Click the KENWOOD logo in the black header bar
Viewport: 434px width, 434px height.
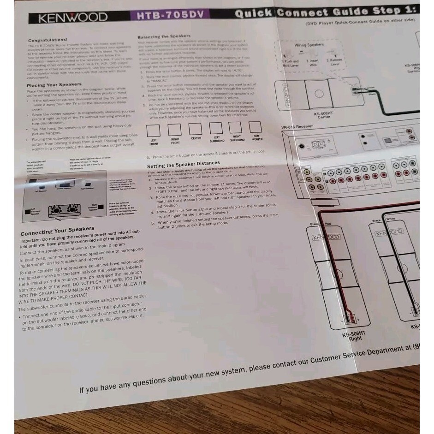(x=72, y=18)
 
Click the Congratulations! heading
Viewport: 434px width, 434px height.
(x=48, y=41)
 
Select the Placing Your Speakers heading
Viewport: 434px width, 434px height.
(x=54, y=85)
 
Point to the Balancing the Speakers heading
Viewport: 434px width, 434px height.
(x=164, y=36)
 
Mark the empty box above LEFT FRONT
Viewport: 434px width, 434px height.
(x=153, y=131)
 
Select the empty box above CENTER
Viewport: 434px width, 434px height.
(x=196, y=129)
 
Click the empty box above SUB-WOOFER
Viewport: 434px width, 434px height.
(x=255, y=127)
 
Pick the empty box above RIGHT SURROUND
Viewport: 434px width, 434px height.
(x=236, y=128)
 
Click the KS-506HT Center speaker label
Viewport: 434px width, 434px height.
(x=324, y=115)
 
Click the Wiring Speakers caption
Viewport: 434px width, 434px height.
(x=309, y=45)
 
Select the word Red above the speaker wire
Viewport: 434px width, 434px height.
(x=328, y=224)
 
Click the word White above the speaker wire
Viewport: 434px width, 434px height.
(x=390, y=220)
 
